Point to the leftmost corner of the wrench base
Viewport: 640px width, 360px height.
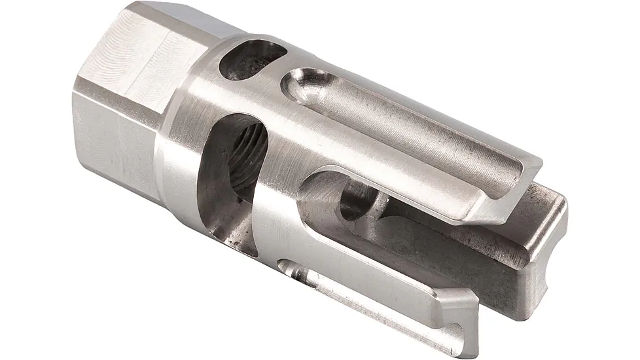tap(74, 98)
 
